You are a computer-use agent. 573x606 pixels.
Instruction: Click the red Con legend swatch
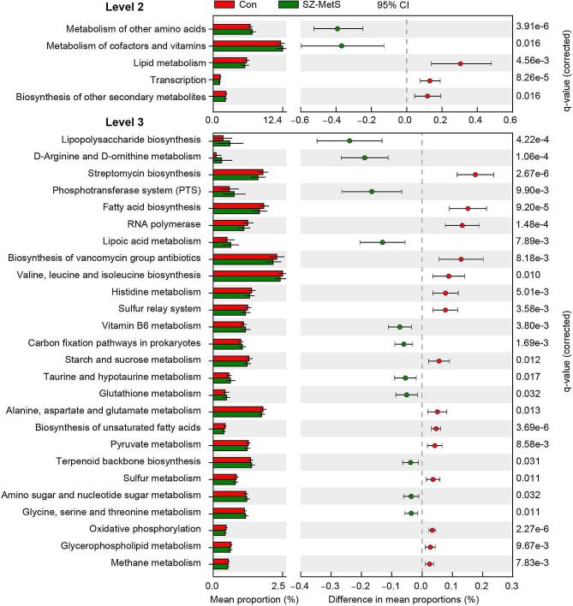pyautogui.click(x=225, y=6)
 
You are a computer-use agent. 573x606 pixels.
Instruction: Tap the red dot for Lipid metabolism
pyautogui.click(x=460, y=63)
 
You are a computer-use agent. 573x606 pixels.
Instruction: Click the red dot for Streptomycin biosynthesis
pyautogui.click(x=475, y=175)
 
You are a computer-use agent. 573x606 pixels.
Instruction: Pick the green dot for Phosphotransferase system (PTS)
pyautogui.click(x=371, y=191)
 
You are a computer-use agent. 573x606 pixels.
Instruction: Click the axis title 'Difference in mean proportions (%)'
pyautogui.click(x=403, y=598)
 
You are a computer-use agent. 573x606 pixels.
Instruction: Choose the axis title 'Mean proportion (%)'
pyautogui.click(x=248, y=598)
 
